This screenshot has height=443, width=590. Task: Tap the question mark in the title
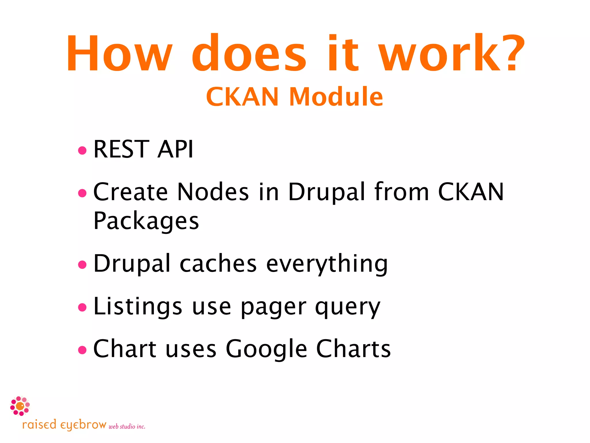pos(511,53)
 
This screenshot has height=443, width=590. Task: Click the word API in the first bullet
pos(175,149)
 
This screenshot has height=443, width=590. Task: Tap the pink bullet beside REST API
pos(82,150)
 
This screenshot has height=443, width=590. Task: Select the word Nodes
pos(213,192)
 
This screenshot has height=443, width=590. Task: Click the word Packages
pos(146,221)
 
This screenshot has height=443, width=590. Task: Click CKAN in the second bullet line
pos(471,192)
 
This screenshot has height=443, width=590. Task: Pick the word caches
pos(218,263)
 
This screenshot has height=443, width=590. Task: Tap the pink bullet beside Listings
pos(82,307)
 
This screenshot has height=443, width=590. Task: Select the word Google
pos(266,349)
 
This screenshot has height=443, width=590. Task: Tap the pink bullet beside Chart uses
pos(82,350)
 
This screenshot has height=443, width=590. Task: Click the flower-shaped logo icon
pos(20,406)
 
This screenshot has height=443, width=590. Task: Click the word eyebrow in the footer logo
pos(84,425)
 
